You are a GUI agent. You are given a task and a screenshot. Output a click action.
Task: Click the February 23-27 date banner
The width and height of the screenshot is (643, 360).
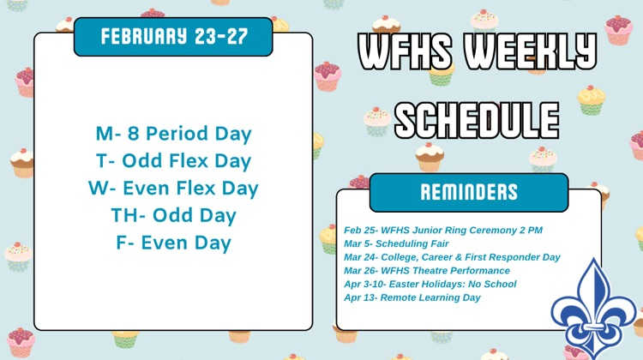[173, 37]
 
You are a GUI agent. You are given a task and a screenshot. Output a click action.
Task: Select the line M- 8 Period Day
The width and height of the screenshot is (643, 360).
[173, 134]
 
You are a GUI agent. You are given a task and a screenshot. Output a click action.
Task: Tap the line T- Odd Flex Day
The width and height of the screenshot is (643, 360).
[173, 161]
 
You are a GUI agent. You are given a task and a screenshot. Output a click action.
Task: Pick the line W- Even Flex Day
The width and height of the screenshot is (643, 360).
[173, 188]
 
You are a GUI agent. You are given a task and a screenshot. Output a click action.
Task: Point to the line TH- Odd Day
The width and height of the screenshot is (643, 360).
[173, 215]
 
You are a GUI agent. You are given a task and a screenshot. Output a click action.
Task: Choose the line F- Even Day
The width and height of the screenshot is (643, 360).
[173, 243]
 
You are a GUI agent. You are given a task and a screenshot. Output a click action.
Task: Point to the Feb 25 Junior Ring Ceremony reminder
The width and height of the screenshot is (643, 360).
[443, 230]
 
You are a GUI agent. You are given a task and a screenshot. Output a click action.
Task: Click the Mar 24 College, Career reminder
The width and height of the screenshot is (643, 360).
[452, 257]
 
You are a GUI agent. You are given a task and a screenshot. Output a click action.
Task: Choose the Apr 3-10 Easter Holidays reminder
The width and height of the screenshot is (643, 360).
[430, 284]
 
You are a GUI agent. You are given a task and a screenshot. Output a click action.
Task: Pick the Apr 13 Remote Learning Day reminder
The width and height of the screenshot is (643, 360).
[412, 297]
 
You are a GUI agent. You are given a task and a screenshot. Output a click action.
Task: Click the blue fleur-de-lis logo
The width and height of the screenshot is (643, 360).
[593, 309]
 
